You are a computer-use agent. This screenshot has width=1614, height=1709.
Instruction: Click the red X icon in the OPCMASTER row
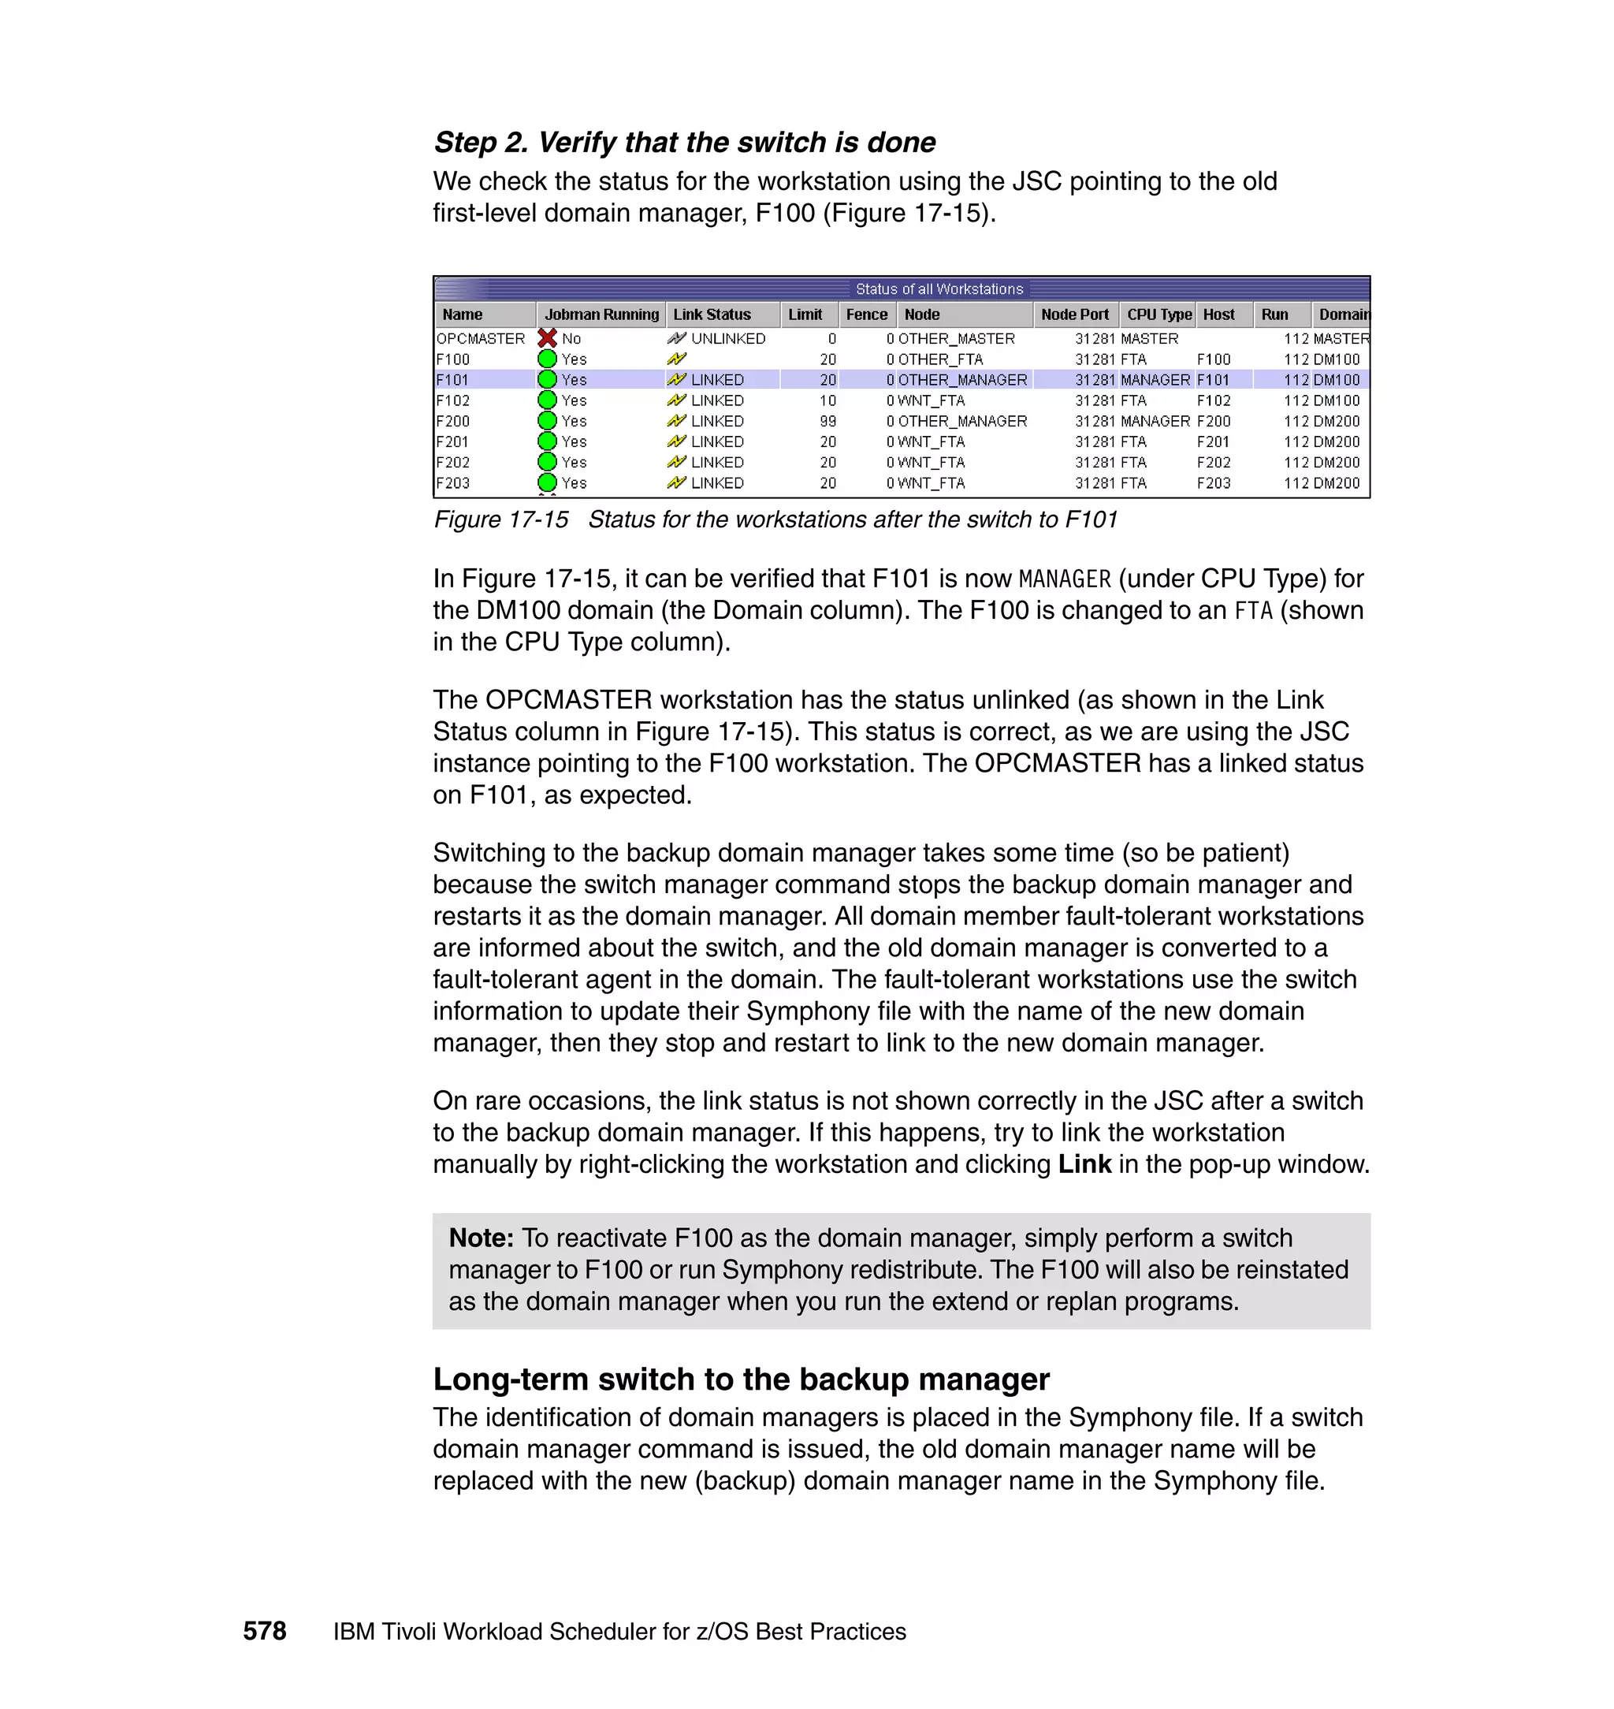point(547,338)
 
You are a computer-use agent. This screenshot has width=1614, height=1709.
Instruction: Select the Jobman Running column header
point(601,314)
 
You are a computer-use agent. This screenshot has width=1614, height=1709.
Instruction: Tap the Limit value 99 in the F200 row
point(827,421)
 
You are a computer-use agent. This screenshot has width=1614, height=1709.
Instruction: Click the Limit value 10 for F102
point(827,400)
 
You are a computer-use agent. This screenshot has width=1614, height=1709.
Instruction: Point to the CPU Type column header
point(1158,314)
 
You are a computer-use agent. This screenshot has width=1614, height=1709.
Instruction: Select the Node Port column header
point(1075,314)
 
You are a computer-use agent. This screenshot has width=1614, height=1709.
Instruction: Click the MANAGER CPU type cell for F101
point(1155,379)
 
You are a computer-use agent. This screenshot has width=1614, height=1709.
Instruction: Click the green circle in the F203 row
point(547,482)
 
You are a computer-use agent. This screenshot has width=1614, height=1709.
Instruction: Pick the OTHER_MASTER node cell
point(956,338)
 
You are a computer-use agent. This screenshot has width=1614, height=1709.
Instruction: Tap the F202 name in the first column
point(452,462)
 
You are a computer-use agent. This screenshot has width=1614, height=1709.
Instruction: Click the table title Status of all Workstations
point(939,289)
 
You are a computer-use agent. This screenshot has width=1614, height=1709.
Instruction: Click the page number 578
point(264,1631)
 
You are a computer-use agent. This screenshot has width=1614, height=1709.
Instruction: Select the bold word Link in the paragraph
point(1084,1164)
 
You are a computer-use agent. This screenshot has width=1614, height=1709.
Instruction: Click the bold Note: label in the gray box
point(481,1238)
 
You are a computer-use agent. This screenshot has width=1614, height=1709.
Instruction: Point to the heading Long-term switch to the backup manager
point(741,1379)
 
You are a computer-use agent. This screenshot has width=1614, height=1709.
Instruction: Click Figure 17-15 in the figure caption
point(500,519)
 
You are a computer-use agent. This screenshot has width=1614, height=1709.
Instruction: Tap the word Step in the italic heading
point(467,142)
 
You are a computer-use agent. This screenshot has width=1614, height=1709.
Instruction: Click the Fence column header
point(865,314)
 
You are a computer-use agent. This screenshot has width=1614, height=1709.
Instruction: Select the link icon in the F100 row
point(676,359)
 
